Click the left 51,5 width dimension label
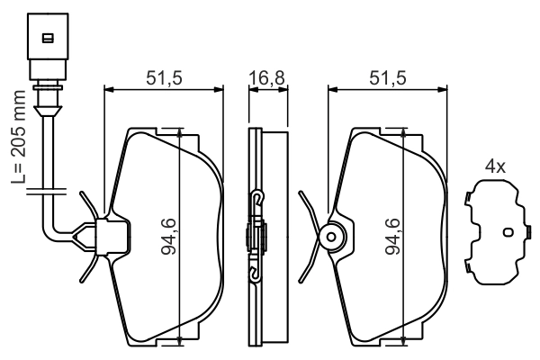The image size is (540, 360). pyautogui.click(x=164, y=78)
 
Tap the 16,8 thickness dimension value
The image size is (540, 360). pyautogui.click(x=266, y=78)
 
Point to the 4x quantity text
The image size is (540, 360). pyautogui.click(x=495, y=166)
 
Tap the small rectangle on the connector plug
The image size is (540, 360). pyautogui.click(x=47, y=38)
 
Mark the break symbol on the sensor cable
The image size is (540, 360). pyautogui.click(x=42, y=190)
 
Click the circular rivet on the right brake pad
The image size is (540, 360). pyautogui.click(x=330, y=238)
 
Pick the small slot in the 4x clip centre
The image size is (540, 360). pyautogui.click(x=506, y=232)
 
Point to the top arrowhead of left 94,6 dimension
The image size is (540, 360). pyautogui.click(x=183, y=132)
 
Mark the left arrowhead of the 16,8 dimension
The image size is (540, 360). pyautogui.click(x=250, y=89)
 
